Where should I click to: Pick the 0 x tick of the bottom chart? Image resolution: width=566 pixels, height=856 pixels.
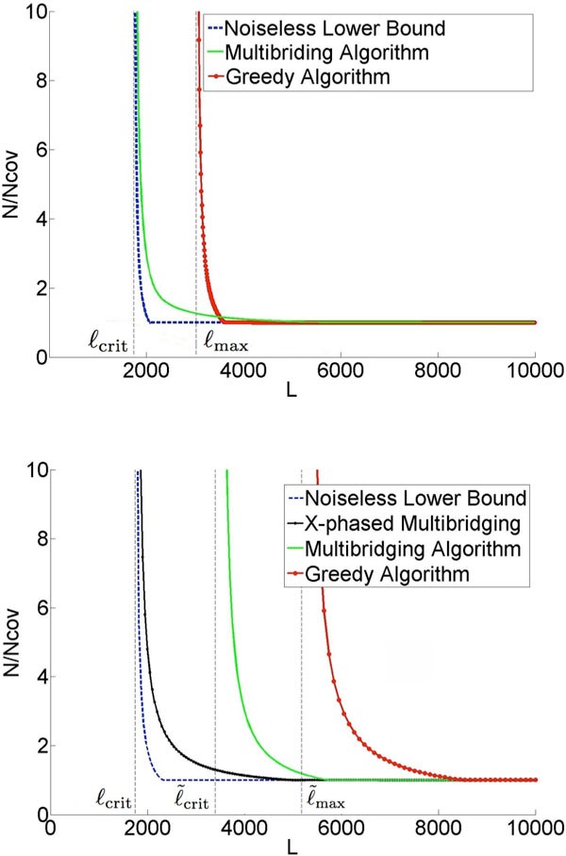coord(51,827)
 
